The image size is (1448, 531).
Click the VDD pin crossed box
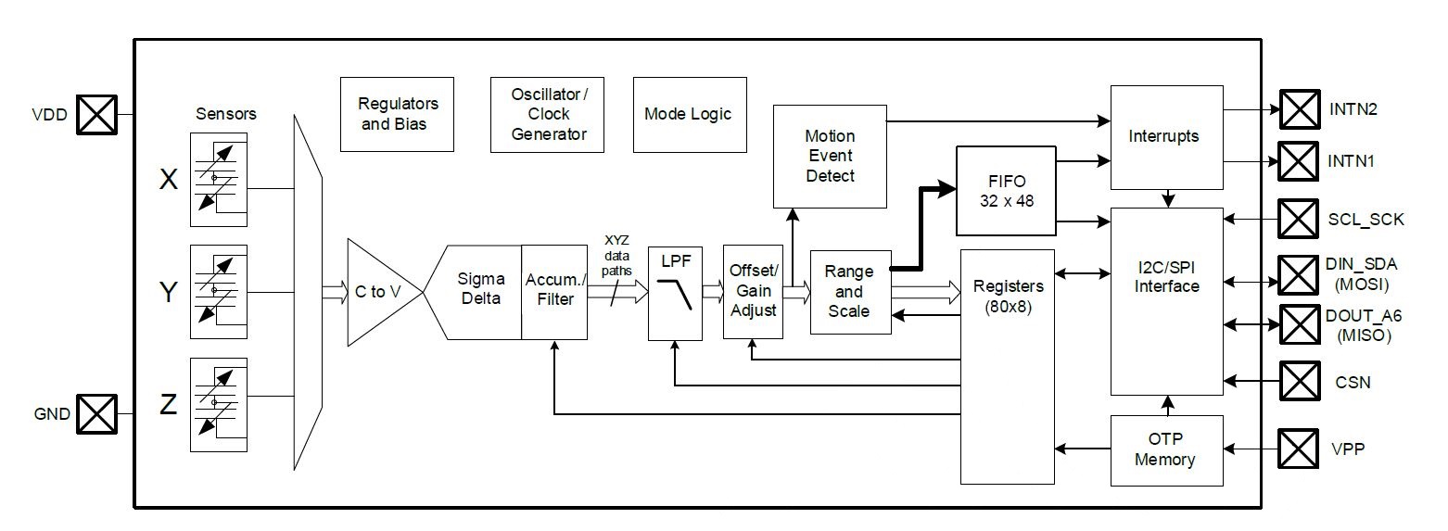[x=97, y=115]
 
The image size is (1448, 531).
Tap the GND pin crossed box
[x=97, y=414]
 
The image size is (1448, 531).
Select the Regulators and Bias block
[x=397, y=114]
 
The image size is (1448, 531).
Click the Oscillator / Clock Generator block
[x=547, y=115]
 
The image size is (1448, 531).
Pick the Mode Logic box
[x=690, y=115]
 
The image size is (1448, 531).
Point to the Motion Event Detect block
[x=830, y=157]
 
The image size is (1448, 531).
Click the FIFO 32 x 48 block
[x=1006, y=191]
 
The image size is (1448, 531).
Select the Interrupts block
[x=1167, y=137]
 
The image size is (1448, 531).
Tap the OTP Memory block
[x=1167, y=450]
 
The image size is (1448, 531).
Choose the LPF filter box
[x=675, y=293]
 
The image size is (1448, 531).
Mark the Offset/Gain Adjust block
[x=753, y=291]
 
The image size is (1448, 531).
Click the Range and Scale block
[x=851, y=292]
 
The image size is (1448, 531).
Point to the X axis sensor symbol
[x=219, y=180]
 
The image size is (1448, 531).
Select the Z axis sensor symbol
[x=219, y=405]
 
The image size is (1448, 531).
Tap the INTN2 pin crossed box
[x=1300, y=109]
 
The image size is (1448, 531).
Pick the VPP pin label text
[x=1348, y=449]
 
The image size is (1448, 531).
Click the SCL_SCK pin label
[x=1365, y=220]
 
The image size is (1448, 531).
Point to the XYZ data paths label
[x=616, y=256]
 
